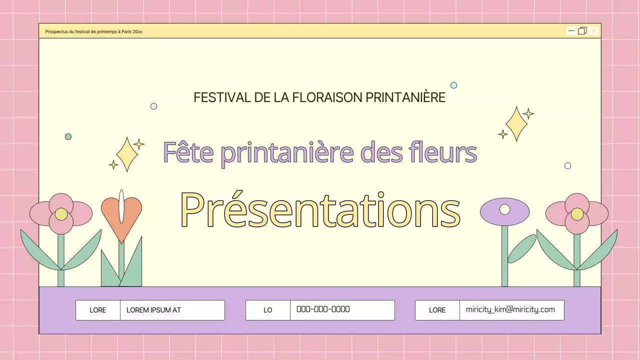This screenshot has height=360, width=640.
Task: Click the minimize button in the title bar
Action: click(571, 31)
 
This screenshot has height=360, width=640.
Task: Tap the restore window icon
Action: click(582, 31)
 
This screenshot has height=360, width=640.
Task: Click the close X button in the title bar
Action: click(593, 31)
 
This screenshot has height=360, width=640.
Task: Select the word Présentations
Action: click(320, 210)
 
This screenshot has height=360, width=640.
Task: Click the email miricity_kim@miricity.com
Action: click(510, 309)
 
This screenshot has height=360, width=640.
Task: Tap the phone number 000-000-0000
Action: click(323, 309)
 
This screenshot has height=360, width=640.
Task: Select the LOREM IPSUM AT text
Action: click(153, 310)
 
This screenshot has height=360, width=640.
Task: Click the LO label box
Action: click(268, 310)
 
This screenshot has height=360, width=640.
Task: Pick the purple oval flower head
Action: click(504, 211)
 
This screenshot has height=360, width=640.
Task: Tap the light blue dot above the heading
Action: click(453, 85)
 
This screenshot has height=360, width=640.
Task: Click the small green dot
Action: click(68, 136)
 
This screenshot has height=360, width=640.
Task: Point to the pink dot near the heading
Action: click(153, 106)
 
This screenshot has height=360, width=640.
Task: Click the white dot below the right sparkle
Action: click(567, 165)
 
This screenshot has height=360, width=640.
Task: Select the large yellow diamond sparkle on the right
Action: click(516, 123)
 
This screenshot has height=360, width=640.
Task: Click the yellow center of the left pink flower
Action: click(61, 214)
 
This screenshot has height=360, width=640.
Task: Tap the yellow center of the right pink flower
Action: click(577, 214)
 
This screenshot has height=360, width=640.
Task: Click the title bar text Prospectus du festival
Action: click(93, 31)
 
